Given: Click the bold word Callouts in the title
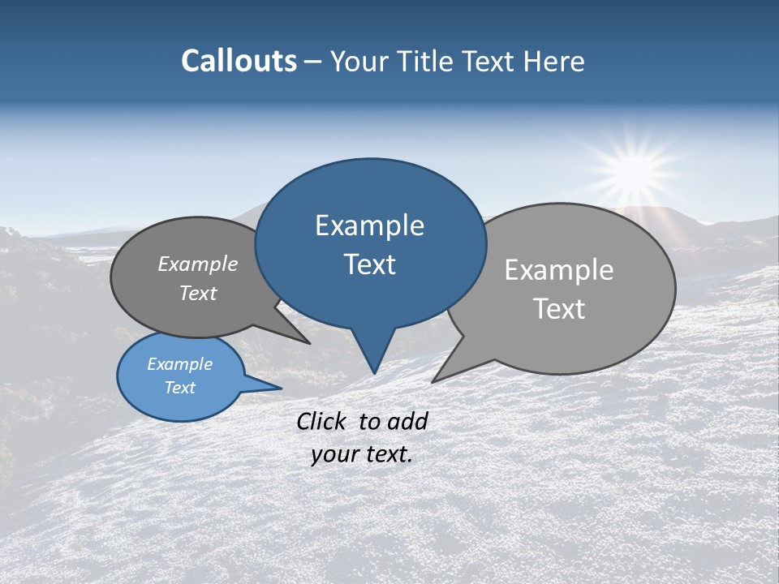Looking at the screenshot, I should click(239, 61).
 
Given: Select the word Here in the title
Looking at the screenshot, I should click(555, 61).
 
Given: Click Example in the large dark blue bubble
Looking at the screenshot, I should click(369, 225).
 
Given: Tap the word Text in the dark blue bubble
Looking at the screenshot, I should click(369, 264).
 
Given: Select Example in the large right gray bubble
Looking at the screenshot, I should click(558, 270).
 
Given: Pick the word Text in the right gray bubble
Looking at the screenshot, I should click(558, 309).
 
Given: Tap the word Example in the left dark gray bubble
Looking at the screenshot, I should click(197, 264).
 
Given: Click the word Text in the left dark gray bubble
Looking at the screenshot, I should click(197, 293).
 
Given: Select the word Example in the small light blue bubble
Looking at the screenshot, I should click(179, 364).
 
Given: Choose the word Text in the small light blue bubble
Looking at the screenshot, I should click(179, 388).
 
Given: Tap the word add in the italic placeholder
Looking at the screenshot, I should click(407, 421).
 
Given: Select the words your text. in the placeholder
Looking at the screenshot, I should click(361, 454).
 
